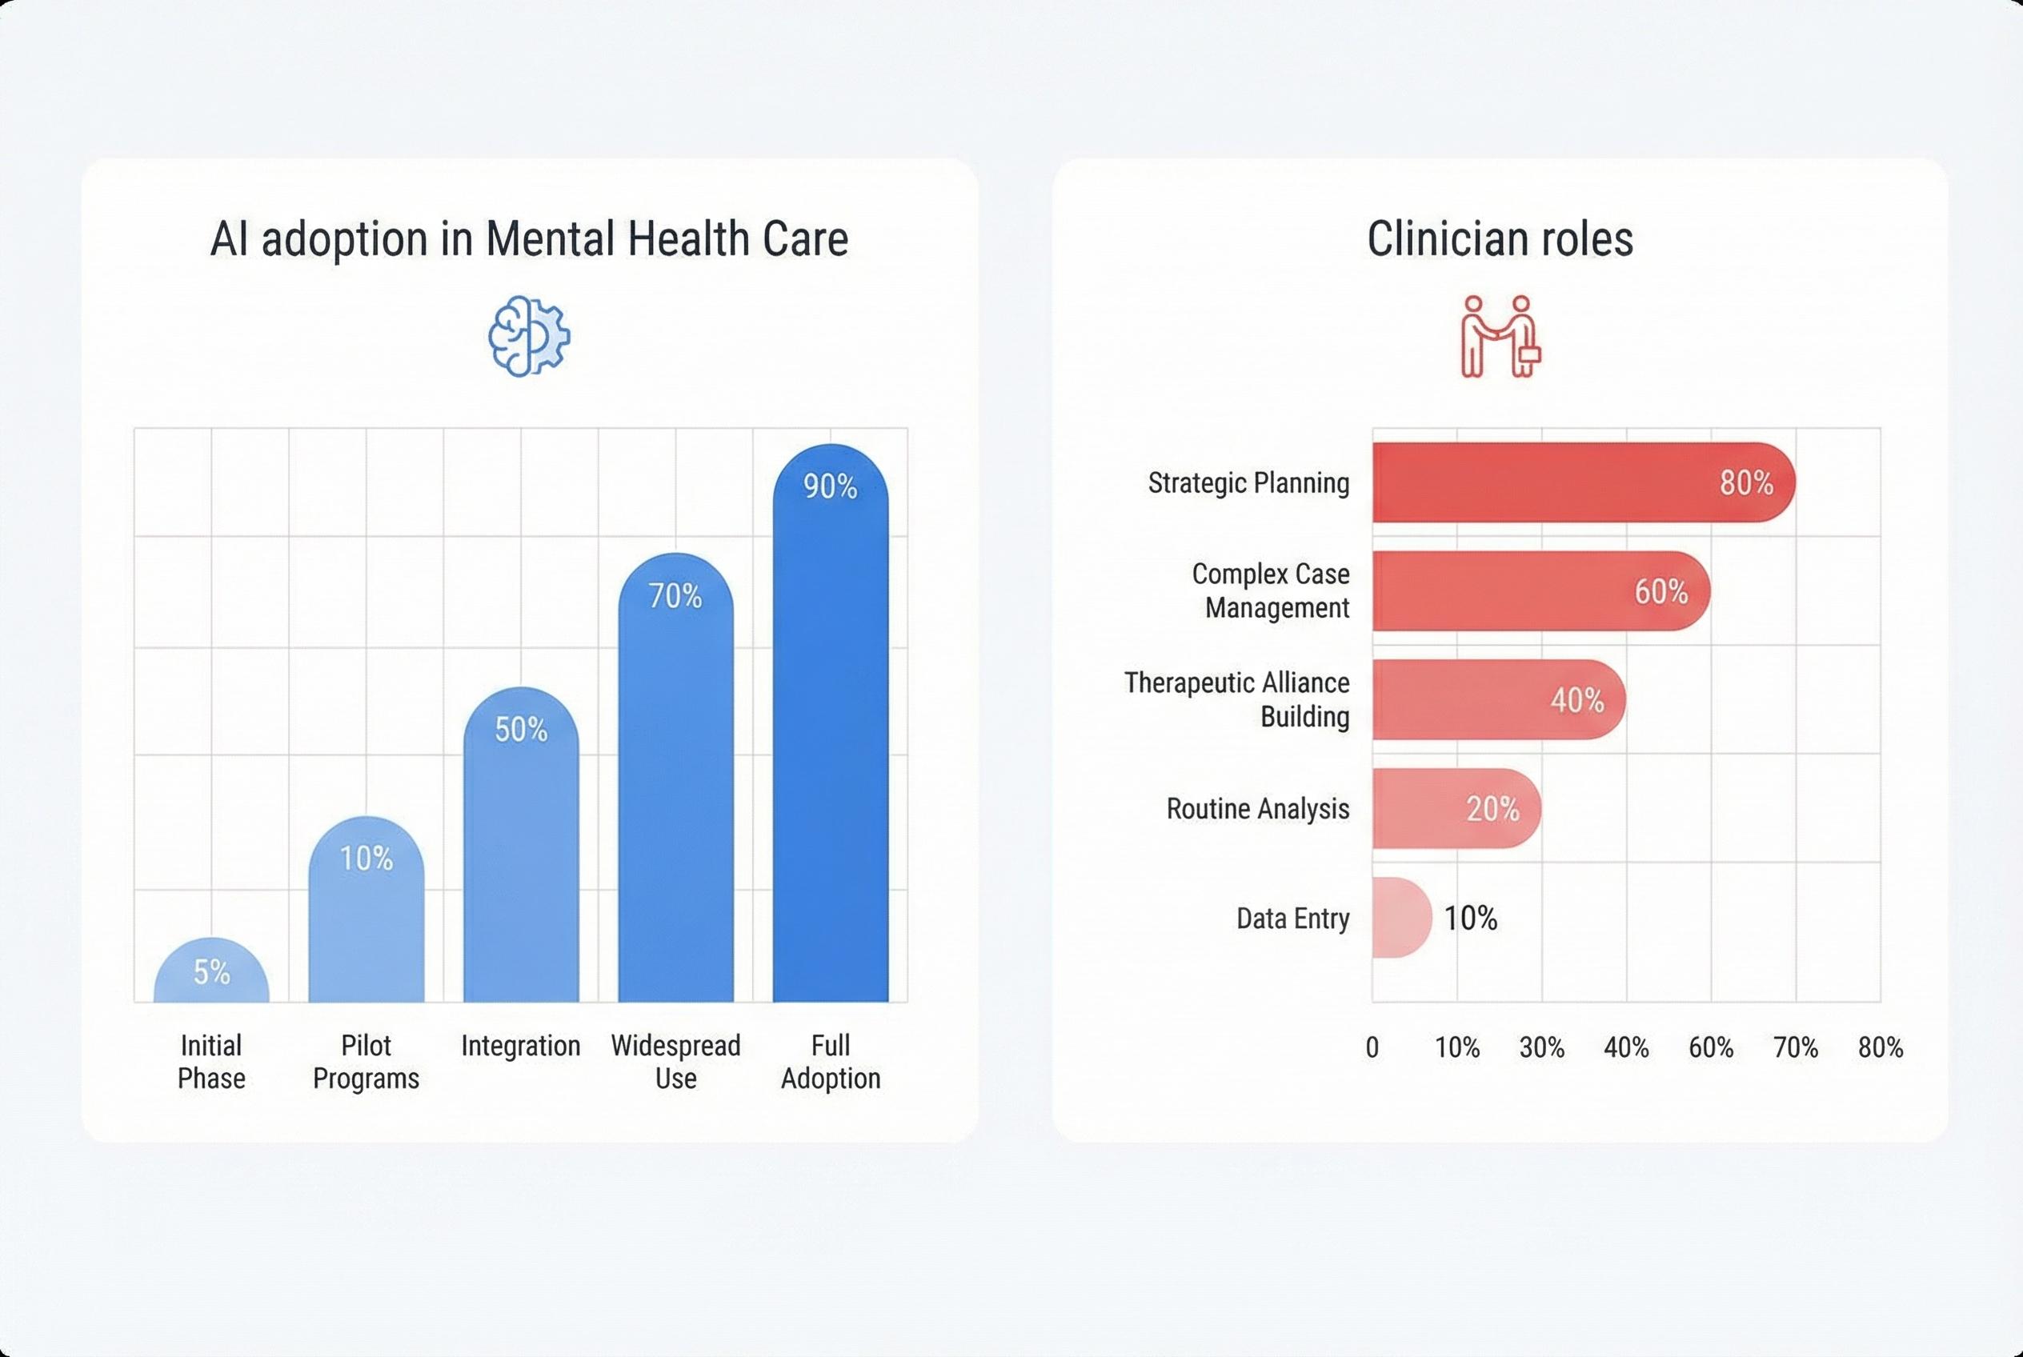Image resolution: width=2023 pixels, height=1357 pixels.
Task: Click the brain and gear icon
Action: [x=528, y=336]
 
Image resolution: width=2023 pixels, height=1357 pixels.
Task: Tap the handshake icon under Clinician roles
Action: [x=1500, y=337]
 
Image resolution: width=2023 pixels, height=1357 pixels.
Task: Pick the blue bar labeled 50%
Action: [x=520, y=848]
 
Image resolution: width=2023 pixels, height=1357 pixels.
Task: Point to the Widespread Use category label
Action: [x=675, y=1062]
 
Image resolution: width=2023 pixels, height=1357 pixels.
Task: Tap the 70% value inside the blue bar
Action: [x=675, y=595]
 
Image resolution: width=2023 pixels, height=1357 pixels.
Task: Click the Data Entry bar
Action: [x=1400, y=918]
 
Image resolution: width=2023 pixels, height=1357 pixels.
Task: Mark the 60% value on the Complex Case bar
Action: [x=1660, y=592]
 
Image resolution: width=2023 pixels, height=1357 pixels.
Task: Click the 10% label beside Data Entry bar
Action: [x=1470, y=919]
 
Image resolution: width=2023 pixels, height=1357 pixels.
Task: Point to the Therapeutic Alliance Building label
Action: [x=1238, y=699]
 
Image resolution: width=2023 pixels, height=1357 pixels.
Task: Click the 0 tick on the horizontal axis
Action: [x=1372, y=1048]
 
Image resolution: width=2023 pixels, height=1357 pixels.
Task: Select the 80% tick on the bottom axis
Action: [x=1881, y=1048]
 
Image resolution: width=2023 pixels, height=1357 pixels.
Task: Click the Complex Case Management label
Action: [x=1270, y=591]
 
